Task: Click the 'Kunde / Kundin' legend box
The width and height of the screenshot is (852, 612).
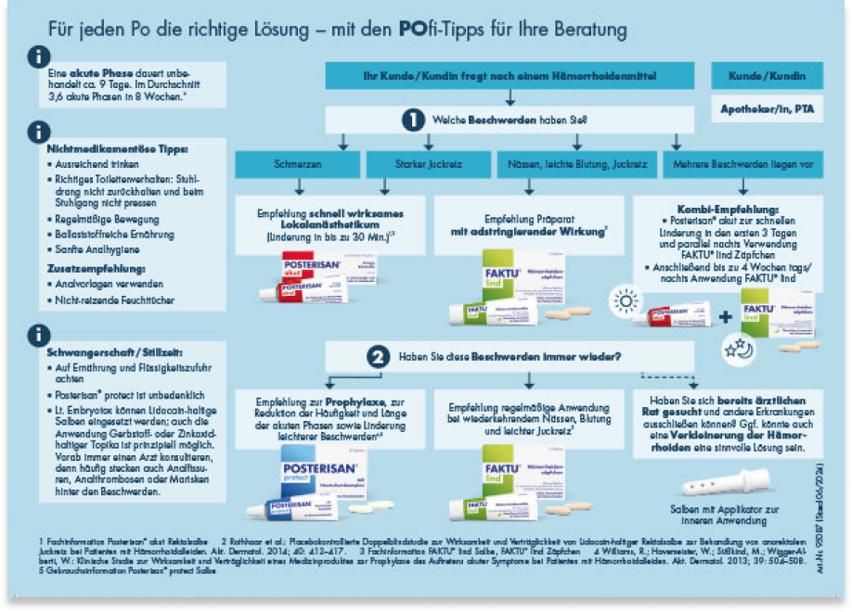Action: tap(767, 75)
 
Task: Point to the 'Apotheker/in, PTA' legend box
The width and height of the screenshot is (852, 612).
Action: tap(767, 108)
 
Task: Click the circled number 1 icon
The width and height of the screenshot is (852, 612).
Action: tap(412, 120)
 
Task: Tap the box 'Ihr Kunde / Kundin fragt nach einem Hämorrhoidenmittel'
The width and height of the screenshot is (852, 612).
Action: tap(509, 75)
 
